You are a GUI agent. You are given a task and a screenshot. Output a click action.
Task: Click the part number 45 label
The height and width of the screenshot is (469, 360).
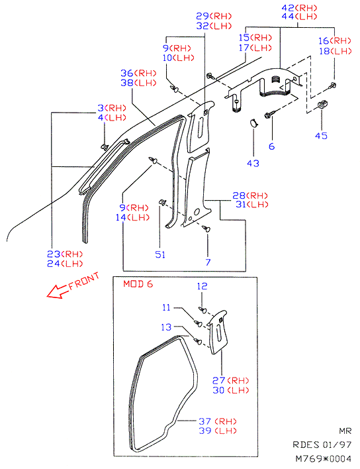[321, 136]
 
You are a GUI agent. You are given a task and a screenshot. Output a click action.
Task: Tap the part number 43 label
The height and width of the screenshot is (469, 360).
[253, 164]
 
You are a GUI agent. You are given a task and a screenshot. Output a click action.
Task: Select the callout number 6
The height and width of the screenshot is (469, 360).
[271, 146]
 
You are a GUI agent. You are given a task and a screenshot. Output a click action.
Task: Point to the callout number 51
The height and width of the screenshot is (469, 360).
[160, 254]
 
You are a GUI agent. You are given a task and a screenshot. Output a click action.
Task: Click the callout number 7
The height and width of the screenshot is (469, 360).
[208, 262]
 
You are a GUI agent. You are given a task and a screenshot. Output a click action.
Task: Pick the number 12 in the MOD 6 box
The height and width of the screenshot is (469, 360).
[202, 286]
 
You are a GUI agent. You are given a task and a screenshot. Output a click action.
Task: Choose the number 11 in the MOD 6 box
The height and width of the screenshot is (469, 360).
[166, 307]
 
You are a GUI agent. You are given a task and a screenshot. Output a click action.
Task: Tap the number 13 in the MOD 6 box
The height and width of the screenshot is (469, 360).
[166, 327]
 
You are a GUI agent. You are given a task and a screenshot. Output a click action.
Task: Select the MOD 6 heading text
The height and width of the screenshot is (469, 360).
[138, 284]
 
